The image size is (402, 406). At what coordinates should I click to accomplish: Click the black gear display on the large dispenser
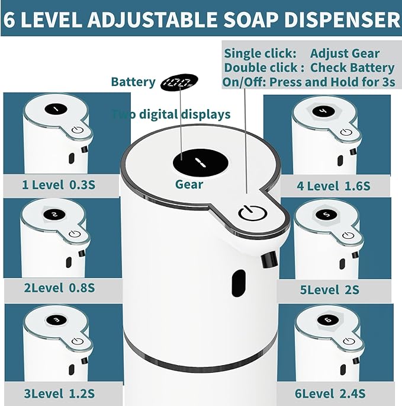pyautogui.click(x=199, y=162)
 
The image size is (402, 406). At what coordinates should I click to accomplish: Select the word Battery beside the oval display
pyautogui.click(x=133, y=82)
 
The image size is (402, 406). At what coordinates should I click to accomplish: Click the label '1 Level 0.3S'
pyautogui.click(x=59, y=185)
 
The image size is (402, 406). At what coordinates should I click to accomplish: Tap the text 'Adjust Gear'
pyautogui.click(x=345, y=54)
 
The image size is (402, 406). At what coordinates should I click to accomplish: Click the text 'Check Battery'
pyautogui.click(x=352, y=68)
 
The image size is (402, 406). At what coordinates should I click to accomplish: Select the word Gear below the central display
pyautogui.click(x=189, y=184)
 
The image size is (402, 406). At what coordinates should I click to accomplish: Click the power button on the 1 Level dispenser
pyautogui.click(x=77, y=132)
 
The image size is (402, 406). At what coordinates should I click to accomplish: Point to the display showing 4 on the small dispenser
pyautogui.click(x=323, y=110)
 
